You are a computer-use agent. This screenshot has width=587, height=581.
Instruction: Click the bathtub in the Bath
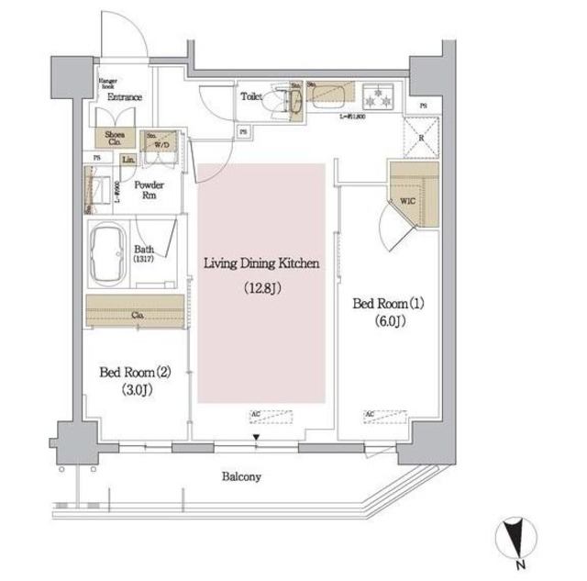[108, 255]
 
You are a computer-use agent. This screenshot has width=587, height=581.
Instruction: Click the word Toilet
[252, 95]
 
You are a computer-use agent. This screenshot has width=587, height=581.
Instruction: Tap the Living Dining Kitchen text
[260, 264]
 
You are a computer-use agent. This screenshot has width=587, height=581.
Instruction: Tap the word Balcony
[240, 476]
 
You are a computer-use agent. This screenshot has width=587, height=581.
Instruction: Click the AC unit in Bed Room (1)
[382, 416]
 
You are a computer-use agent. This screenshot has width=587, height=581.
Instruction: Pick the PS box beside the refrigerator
[421, 106]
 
